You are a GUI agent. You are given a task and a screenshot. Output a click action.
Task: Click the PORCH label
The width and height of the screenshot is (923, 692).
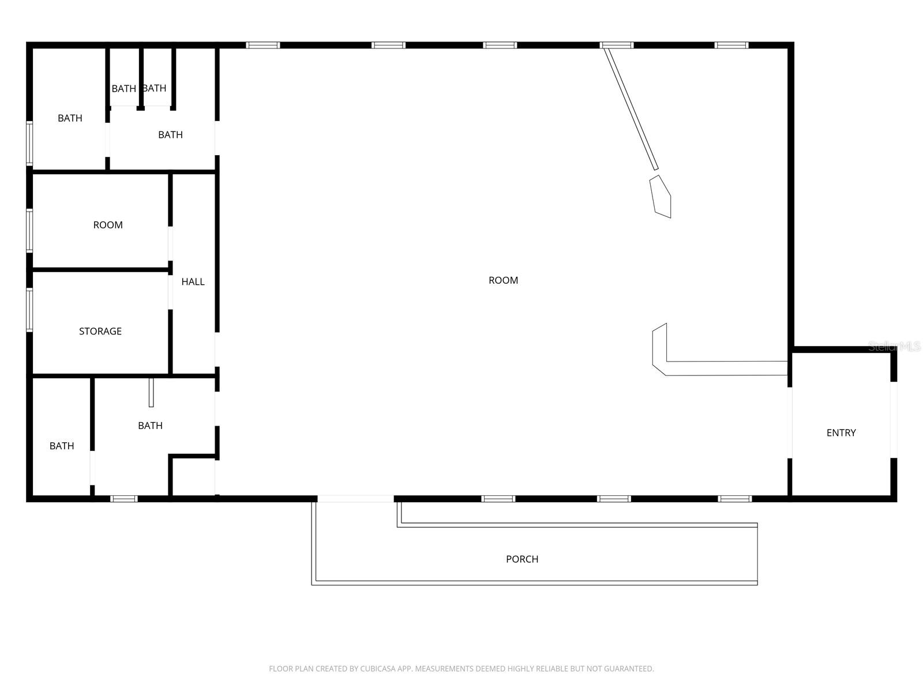coord(522,559)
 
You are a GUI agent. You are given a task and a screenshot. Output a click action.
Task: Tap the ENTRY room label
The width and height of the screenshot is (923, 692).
coord(841,432)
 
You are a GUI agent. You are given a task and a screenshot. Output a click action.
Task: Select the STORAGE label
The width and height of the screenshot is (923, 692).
coord(100,331)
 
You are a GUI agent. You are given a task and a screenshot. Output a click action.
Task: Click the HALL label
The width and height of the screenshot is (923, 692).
coord(193,281)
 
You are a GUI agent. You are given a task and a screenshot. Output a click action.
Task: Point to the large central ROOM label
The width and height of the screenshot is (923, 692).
coord(503,280)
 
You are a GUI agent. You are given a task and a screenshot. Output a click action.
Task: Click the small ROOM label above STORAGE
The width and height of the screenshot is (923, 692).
coord(108,225)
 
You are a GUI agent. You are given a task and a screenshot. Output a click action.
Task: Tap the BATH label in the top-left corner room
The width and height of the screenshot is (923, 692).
coord(70,118)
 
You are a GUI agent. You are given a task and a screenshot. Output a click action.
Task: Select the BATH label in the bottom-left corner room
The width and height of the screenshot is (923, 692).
coord(62,446)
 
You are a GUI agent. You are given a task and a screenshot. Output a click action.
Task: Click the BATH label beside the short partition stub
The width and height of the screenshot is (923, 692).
coord(150,426)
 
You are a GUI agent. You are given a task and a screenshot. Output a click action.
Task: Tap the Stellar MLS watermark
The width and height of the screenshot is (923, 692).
coord(894,347)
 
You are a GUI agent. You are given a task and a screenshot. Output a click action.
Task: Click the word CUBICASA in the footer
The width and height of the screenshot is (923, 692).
coord(377,669)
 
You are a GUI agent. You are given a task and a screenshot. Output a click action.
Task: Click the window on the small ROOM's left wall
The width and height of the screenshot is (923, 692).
coord(29,231)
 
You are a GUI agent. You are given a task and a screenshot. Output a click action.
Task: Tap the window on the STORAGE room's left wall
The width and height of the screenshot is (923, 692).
coord(29,310)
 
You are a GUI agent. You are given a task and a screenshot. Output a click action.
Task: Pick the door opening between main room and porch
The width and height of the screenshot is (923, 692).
coord(355,498)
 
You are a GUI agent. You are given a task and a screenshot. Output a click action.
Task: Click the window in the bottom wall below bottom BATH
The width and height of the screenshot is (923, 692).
coord(124,499)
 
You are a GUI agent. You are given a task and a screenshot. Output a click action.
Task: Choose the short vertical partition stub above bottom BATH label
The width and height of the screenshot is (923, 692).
coord(151,392)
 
